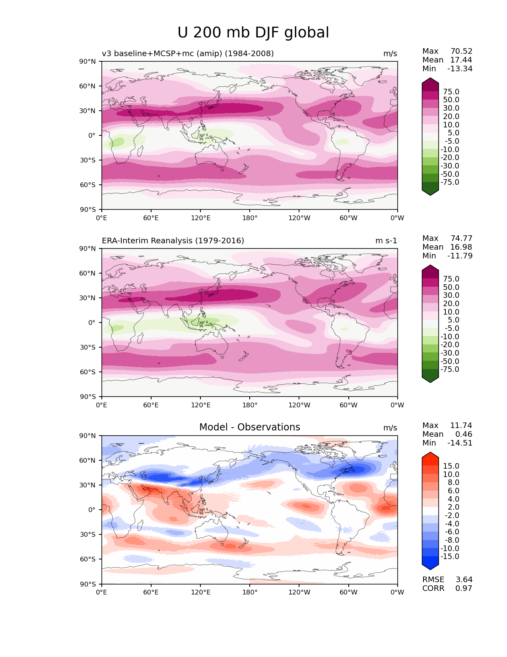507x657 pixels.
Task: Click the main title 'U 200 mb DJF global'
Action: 253,33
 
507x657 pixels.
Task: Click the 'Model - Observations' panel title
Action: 249,427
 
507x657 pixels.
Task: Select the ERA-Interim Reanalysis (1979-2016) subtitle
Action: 173,241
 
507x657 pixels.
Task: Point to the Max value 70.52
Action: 461,51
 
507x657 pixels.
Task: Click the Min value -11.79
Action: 460,256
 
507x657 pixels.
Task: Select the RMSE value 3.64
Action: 464,579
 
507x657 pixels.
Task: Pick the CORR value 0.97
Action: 464,588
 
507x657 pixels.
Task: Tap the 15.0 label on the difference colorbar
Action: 451,466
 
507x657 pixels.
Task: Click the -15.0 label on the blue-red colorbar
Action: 450,556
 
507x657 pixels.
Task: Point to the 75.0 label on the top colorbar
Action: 451,92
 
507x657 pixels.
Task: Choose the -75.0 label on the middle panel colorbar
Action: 450,369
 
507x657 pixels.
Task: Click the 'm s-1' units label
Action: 386,241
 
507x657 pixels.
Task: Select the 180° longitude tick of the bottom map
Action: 250,592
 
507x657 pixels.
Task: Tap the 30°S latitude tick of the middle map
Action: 88,347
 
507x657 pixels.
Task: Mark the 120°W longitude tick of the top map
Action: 299,218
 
